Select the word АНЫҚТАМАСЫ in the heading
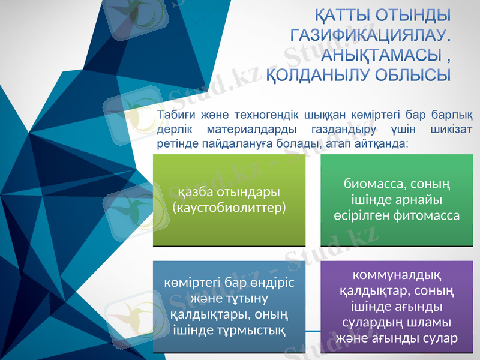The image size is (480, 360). [379, 56]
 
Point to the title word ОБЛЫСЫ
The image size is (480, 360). [413, 76]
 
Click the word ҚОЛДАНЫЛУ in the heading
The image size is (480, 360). [318, 76]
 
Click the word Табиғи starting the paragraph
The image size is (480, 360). [173, 115]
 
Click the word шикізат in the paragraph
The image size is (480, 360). [451, 130]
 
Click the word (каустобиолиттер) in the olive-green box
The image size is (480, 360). [229, 208]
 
